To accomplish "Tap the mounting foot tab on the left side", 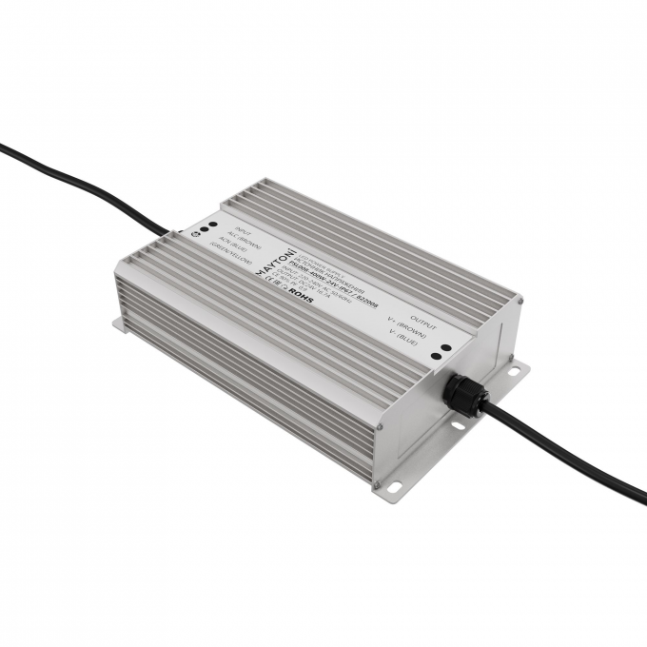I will point(118,324).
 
